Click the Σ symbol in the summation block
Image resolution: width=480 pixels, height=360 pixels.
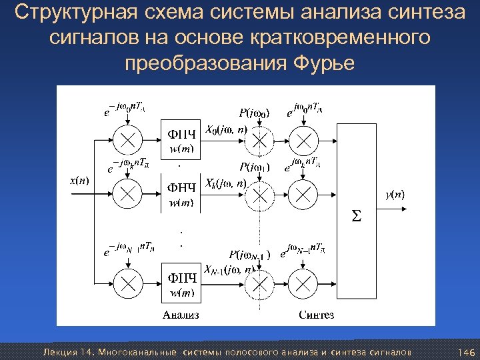(357, 215)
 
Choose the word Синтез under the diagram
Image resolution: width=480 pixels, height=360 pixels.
(316, 314)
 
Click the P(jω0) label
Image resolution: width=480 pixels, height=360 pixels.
(255, 113)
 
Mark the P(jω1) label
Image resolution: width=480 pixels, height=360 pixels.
(255, 167)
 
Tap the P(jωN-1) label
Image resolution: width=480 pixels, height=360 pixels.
(249, 255)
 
